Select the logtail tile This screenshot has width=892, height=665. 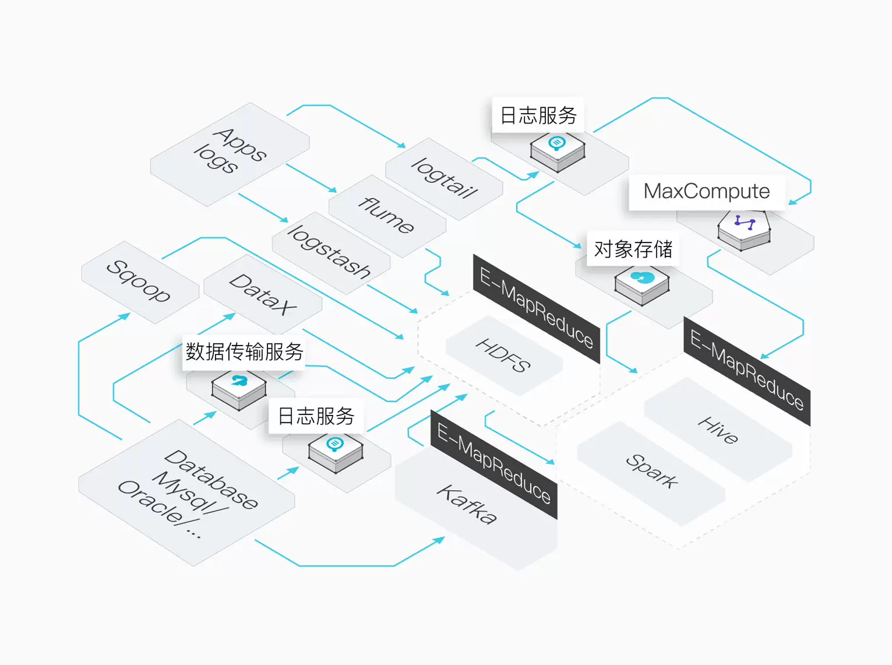pos(444,178)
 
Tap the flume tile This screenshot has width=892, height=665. pos(387,216)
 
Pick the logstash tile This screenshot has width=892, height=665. pos(330,252)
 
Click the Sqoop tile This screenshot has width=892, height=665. pos(139,282)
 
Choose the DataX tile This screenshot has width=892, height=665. pos(263,294)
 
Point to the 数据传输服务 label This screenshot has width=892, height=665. pos(244,352)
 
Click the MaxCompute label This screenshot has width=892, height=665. pos(707,192)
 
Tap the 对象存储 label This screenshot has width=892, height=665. pos(633,249)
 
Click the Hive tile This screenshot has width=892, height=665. pos(718,430)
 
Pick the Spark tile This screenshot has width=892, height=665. pos(651,471)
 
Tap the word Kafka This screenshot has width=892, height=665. pos(467,505)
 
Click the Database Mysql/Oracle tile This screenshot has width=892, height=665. pos(186,493)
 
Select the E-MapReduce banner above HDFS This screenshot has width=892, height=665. pos(536,308)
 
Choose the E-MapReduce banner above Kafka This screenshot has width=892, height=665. pos(493,464)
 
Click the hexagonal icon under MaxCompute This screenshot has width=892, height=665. pos(744,229)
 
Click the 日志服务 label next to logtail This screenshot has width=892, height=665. pos(538,115)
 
